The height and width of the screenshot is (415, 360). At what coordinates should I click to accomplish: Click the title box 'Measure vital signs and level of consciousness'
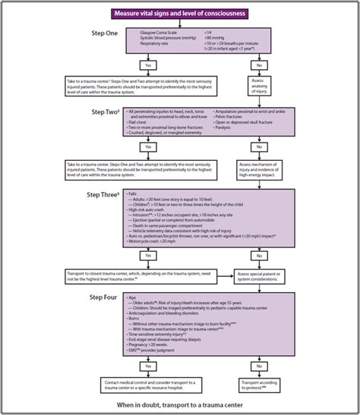[179, 14]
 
